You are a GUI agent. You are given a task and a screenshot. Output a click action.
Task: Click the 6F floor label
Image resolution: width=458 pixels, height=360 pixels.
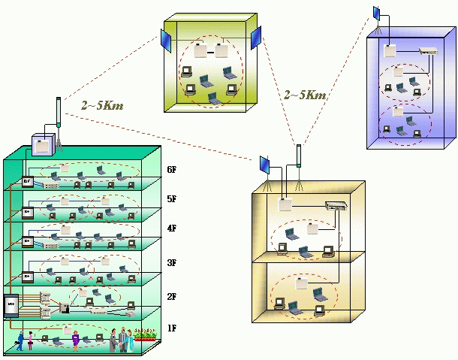172,170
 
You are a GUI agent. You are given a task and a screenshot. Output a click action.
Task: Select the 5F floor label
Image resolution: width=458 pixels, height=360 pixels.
172,198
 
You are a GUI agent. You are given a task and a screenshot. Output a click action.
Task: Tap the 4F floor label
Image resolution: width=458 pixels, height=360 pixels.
172,228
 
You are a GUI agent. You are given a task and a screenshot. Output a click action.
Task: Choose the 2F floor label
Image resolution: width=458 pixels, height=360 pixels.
172,296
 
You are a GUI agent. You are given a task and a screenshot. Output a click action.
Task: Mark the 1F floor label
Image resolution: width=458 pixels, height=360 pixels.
172,328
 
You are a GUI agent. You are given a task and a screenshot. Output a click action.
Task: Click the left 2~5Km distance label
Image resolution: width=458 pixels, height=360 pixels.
102,107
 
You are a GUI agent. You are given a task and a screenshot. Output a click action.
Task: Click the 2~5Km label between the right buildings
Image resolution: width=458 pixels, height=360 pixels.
304,95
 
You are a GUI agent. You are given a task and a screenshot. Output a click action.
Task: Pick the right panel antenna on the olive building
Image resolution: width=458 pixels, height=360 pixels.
256,36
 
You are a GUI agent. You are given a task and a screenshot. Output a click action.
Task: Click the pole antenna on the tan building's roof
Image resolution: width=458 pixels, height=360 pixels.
299,156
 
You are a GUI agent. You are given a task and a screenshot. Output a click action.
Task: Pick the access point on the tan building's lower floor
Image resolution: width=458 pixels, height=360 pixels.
301,284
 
